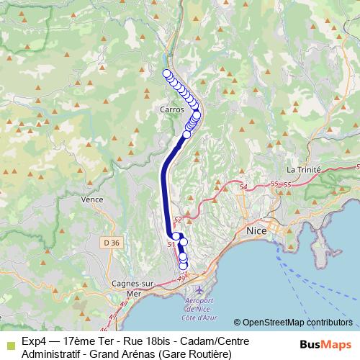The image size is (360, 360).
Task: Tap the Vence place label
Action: [x=92, y=199]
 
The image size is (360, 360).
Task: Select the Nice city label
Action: [x=256, y=231]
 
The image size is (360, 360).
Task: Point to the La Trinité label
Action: [x=303, y=170]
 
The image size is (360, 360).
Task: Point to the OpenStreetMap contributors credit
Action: [x=293, y=323]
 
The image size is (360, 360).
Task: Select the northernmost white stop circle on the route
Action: [x=167, y=73]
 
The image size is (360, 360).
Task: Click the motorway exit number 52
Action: [x=179, y=220]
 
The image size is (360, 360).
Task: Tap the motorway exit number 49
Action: [x=181, y=278]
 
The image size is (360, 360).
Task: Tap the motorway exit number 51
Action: [x=171, y=245]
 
